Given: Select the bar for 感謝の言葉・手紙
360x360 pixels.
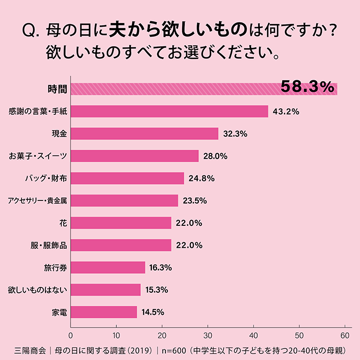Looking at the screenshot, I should coord(169,111).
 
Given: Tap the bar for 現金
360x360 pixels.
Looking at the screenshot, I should coord(144,134).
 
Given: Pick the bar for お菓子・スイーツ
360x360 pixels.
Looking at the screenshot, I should coord(134,156).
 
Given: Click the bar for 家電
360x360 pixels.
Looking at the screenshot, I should coord(103,312).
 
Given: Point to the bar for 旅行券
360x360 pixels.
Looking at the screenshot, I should coord(107,268).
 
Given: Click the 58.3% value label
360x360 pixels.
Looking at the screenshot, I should coord(307,87).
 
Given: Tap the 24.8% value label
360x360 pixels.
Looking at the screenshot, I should coord(201,178).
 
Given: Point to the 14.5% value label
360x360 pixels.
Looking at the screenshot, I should coord(153,313).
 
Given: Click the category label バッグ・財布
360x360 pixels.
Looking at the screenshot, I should coord(46,178).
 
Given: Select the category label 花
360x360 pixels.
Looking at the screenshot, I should coord(63,223).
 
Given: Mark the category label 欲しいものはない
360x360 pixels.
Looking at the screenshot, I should coord(38,290).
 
